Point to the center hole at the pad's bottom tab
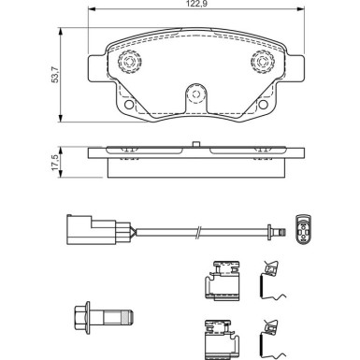[194, 94]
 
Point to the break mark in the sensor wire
[197, 227]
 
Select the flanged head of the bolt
[81, 313]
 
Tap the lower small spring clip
[273, 334]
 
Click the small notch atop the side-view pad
[194, 144]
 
